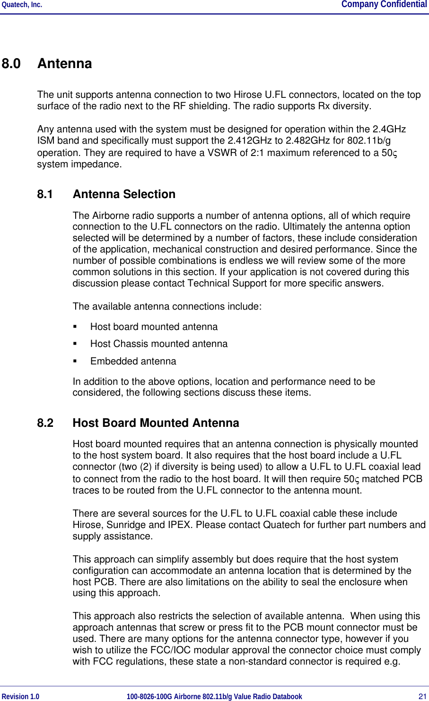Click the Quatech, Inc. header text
(x=22, y=5)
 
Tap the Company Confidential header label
(x=384, y=5)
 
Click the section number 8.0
(x=11, y=64)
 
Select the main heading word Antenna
(x=65, y=64)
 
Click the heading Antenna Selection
(x=124, y=194)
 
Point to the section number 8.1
(x=45, y=194)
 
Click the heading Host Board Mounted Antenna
(x=156, y=423)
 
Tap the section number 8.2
(x=45, y=423)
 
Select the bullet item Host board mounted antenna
(x=154, y=327)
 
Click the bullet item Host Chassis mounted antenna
(x=159, y=344)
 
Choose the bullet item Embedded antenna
(x=133, y=362)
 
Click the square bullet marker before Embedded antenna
(x=75, y=362)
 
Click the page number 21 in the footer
(x=422, y=696)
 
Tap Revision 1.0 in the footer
(x=21, y=696)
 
